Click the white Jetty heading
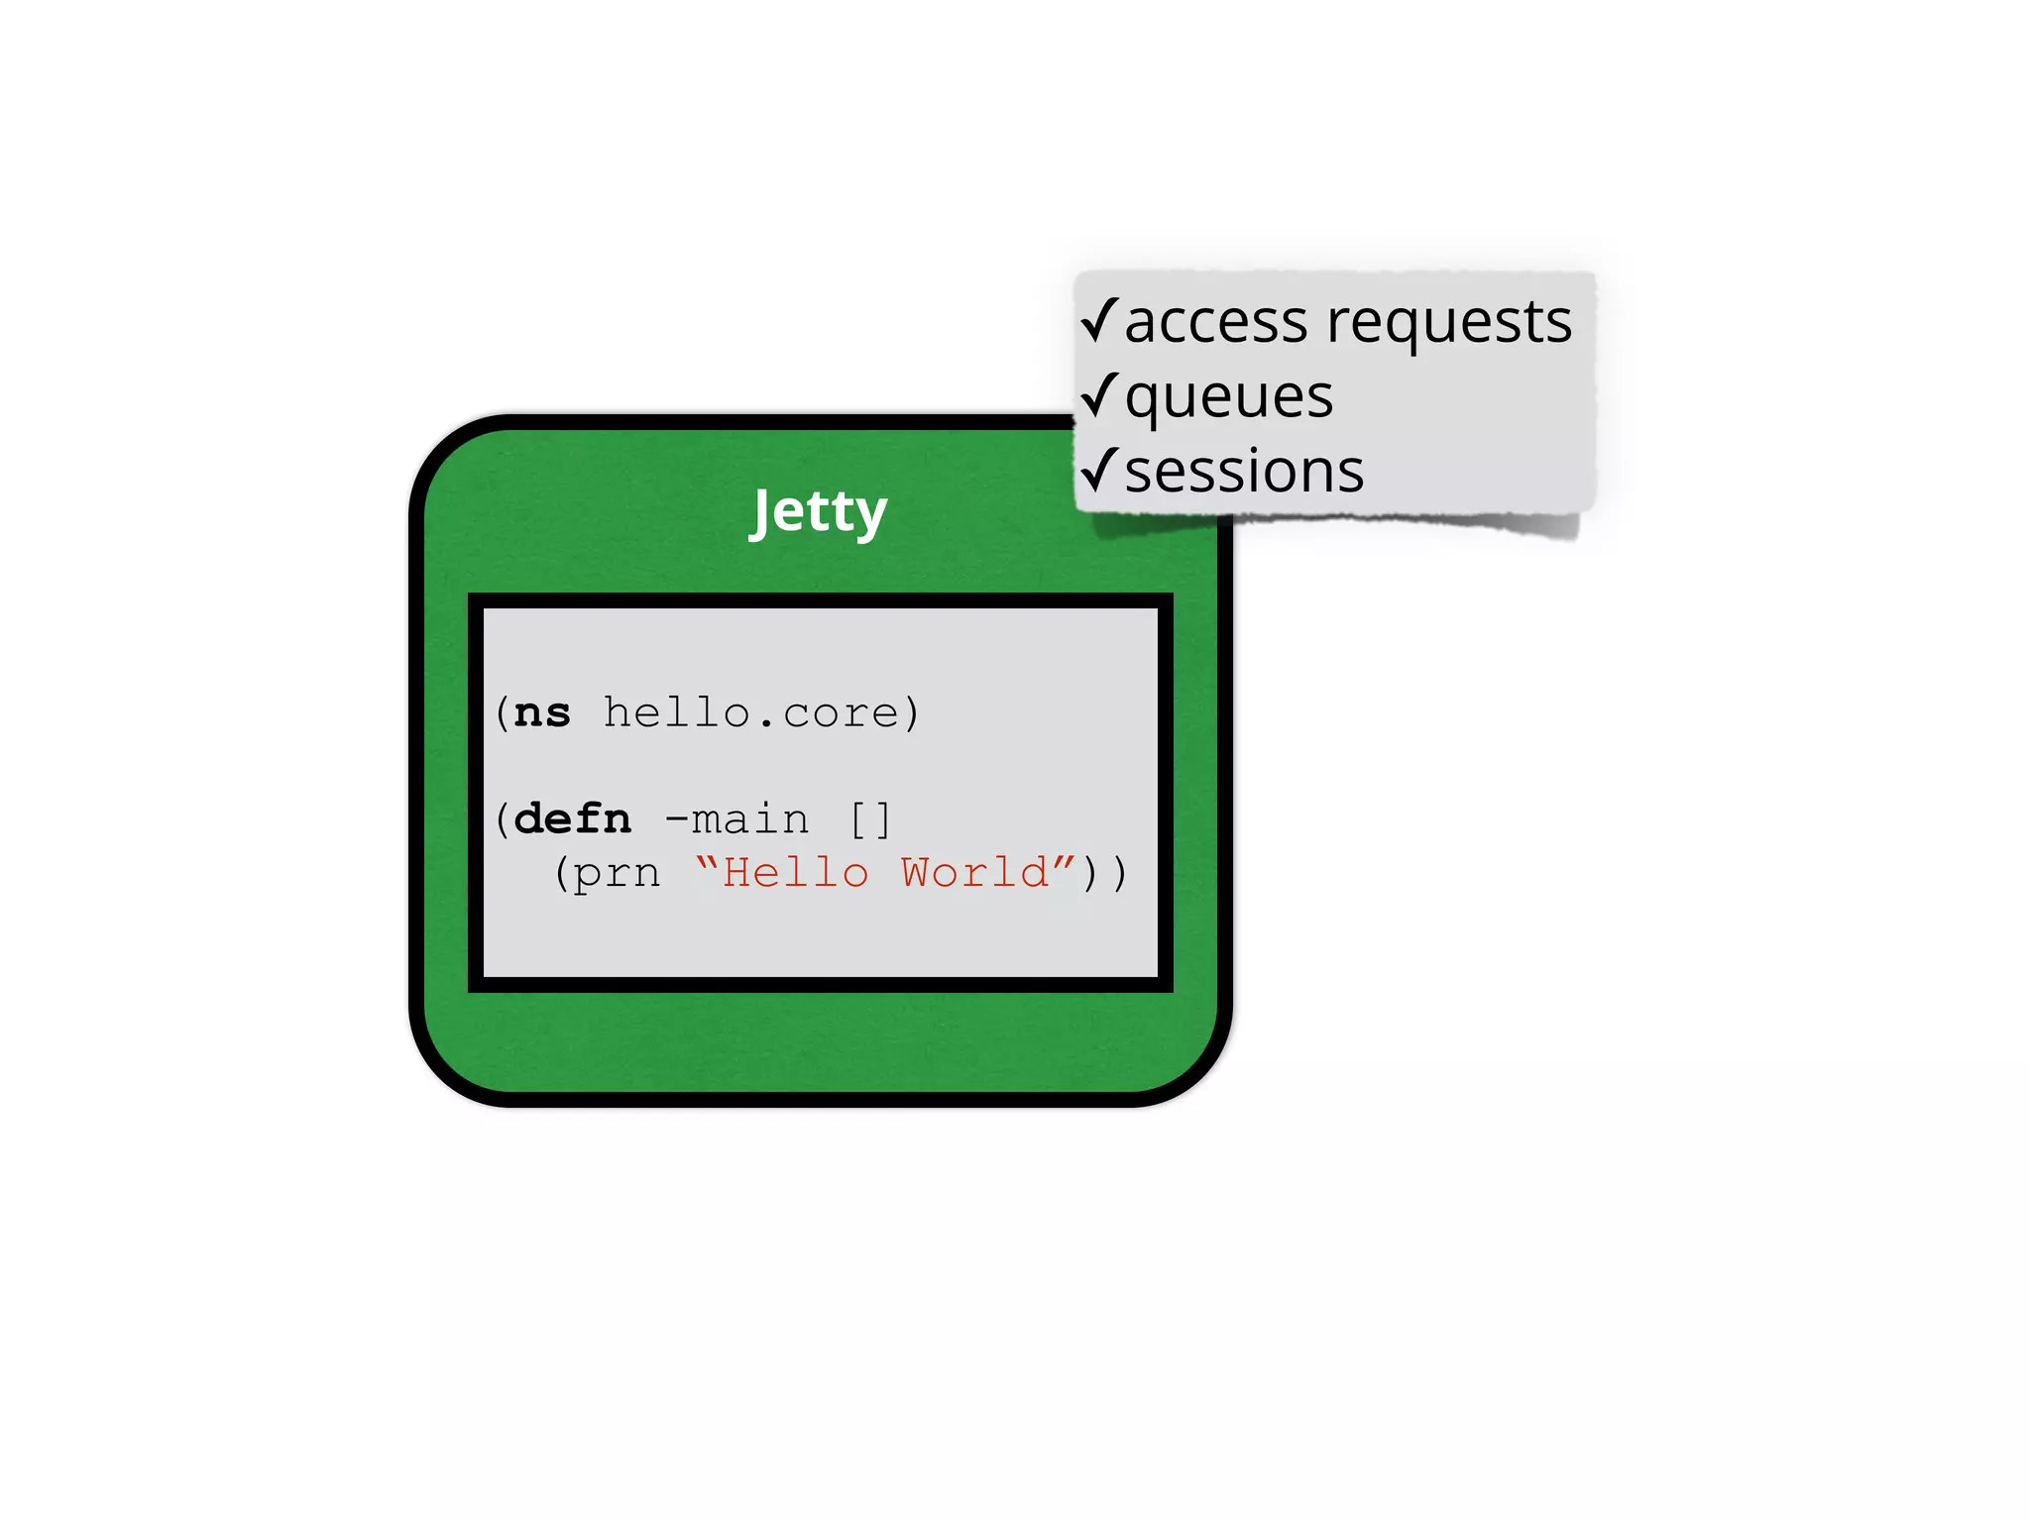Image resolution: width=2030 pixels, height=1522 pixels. [819, 511]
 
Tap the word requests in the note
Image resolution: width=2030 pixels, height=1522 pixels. [1449, 323]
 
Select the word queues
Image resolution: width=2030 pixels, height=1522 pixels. [1229, 398]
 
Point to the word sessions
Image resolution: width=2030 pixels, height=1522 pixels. [1244, 472]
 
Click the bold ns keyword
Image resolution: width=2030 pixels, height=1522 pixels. [542, 713]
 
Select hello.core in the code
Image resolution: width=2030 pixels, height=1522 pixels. [750, 713]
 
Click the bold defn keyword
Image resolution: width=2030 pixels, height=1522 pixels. [573, 819]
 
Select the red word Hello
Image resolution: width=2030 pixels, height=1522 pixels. [796, 873]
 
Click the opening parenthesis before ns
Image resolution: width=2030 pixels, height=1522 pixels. [503, 713]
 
